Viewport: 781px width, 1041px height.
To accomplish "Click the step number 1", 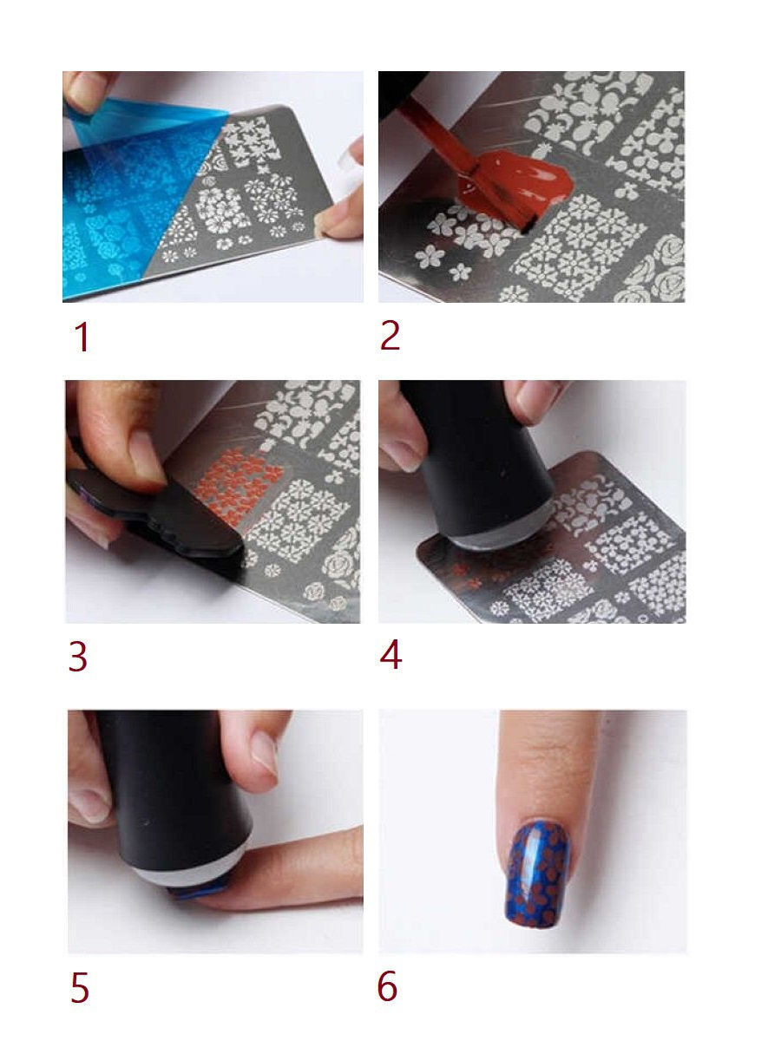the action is pos(82,337).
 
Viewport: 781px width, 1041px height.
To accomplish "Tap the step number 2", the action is pos(390,336).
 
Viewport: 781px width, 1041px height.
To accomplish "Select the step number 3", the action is pos(78,657).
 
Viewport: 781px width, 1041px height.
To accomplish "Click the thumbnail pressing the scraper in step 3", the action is pos(146,456).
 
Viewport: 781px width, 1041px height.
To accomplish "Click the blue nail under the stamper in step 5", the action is pos(200,892).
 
